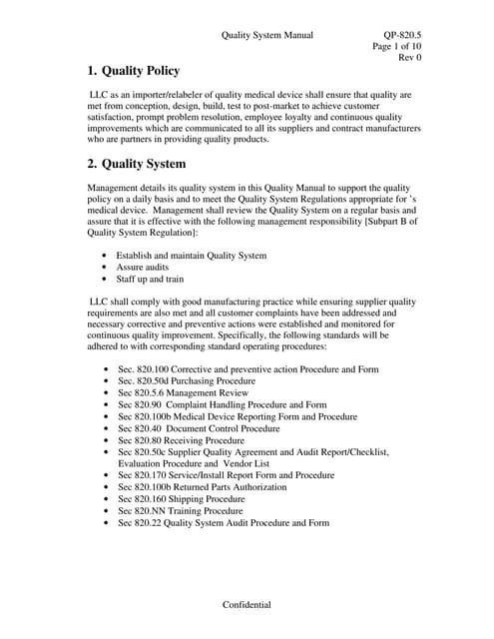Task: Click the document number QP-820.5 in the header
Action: coord(402,35)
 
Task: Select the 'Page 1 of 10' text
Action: coord(396,47)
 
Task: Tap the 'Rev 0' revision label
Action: coord(410,58)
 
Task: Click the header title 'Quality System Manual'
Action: coord(266,35)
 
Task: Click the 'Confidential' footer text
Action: coord(247,606)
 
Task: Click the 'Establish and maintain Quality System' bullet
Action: coord(192,256)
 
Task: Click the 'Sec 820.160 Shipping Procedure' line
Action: coord(181,499)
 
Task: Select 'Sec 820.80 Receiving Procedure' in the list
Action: coord(181,440)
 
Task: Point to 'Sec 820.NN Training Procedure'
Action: coord(180,511)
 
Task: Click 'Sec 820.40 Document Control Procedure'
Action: coord(199,428)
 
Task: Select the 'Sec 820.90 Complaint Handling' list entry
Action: coord(222,405)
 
